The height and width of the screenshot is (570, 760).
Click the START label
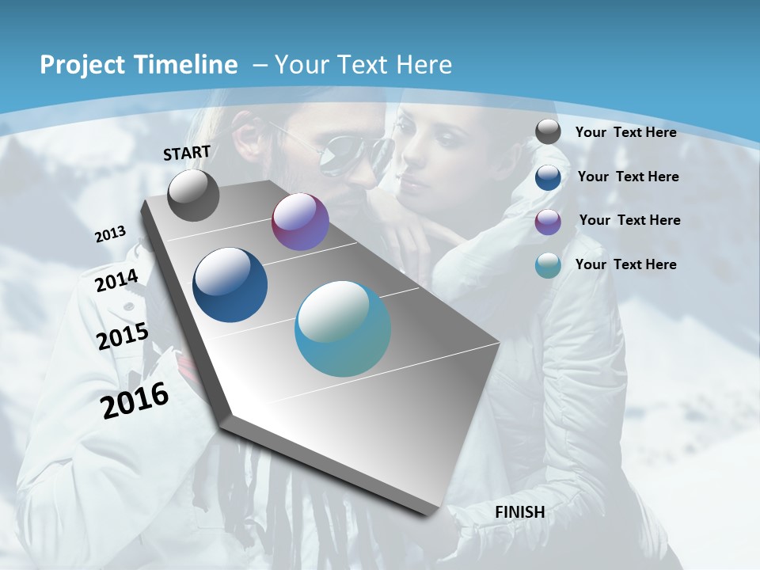point(187,152)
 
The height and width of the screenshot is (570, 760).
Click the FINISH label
point(520,512)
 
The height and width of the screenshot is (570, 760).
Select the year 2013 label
point(111,234)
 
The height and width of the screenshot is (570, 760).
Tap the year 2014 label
point(116,281)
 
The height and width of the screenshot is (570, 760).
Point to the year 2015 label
point(123,336)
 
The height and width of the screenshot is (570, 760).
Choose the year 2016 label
point(135,401)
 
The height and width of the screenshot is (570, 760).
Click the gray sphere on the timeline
point(193,195)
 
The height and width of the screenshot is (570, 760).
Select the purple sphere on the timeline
point(300,222)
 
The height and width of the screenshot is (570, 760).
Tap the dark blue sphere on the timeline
point(230,285)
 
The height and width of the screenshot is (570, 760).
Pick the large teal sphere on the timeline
point(343,329)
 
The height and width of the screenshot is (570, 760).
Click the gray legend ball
point(548,131)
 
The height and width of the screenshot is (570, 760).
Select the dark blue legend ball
point(548,177)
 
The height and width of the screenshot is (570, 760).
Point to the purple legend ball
point(548,221)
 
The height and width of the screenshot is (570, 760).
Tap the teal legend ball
point(548,265)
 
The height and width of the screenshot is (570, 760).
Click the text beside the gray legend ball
point(625,132)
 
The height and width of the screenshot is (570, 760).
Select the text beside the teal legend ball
point(625,264)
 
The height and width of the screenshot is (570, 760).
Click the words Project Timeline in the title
point(139,65)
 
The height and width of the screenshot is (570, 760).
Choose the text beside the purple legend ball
point(629,220)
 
